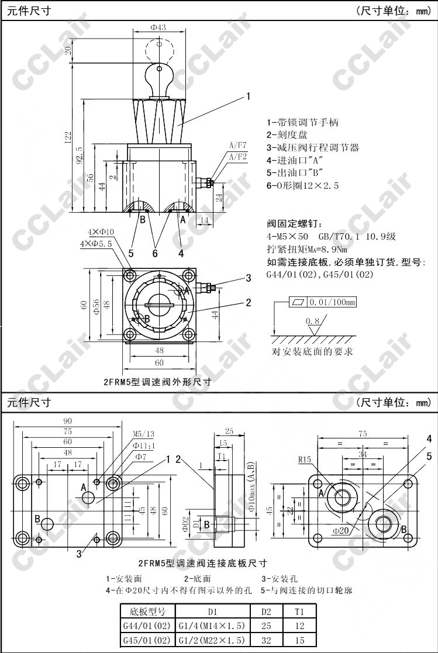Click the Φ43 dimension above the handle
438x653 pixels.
pyautogui.click(x=158, y=27)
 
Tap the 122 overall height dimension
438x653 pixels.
pyautogui.click(x=68, y=137)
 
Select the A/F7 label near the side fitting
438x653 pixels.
pyautogui.click(x=238, y=144)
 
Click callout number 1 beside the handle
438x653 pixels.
pyautogui.click(x=249, y=96)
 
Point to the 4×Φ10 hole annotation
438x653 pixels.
pyautogui.click(x=101, y=232)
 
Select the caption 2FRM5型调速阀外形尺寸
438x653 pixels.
pyautogui.click(x=156, y=382)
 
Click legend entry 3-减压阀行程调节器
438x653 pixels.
pyautogui.click(x=312, y=148)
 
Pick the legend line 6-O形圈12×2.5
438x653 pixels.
pyautogui.click(x=302, y=186)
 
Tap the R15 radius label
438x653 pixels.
pyautogui.click(x=305, y=459)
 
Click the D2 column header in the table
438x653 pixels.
pyautogui.click(x=266, y=611)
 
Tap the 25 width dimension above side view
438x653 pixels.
pyautogui.click(x=229, y=431)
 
